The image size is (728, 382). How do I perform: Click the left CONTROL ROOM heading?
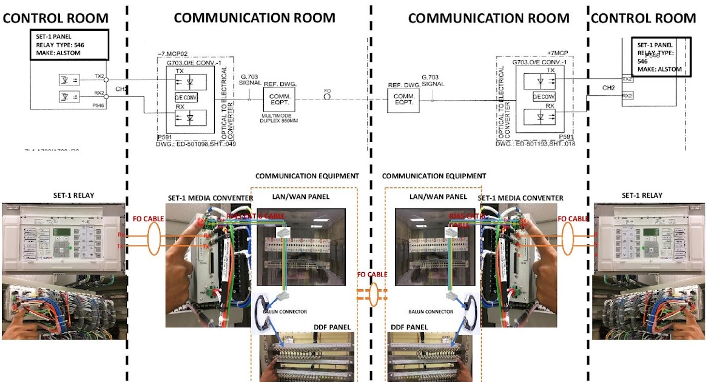click(x=56, y=18)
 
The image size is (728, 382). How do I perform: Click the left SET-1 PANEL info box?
click(x=70, y=45)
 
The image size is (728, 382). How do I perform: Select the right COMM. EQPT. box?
click(x=403, y=99)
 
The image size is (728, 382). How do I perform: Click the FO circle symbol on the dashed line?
click(x=328, y=99)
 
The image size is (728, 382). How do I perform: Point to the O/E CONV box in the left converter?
click(x=186, y=98)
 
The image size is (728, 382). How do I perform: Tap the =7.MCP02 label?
click(x=173, y=54)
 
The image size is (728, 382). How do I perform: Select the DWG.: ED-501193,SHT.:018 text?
click(x=534, y=144)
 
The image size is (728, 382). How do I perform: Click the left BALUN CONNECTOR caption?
click(x=285, y=312)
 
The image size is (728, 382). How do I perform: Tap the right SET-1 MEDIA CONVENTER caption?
click(x=521, y=198)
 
